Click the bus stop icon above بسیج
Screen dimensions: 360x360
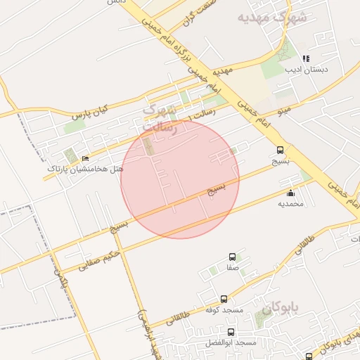coord(281,150)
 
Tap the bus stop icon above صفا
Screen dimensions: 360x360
coord(232,257)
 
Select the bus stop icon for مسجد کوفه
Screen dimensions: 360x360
coord(224,299)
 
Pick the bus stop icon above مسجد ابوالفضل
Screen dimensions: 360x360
coord(231,331)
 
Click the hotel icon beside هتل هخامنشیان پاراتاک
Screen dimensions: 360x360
coord(86,159)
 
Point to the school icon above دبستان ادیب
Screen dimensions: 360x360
coord(305,59)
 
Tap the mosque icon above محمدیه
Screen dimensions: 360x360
coord(290,193)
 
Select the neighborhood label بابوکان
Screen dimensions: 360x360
coord(281,308)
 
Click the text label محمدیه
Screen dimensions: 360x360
coord(290,204)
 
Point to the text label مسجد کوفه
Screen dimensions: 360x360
coord(224,309)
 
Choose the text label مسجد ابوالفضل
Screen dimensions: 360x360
coord(236,342)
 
